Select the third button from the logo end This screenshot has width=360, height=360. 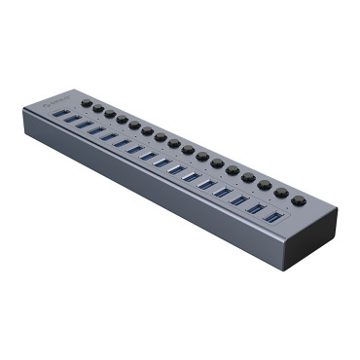point(110,113)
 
